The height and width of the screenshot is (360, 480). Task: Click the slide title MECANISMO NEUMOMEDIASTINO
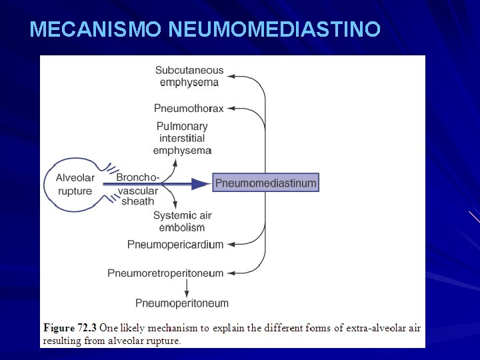click(205, 29)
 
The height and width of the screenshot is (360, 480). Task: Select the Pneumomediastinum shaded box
click(265, 183)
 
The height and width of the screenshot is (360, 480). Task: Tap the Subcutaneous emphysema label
click(189, 76)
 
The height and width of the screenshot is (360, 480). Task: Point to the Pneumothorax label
click(189, 108)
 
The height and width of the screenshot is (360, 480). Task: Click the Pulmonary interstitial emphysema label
click(182, 138)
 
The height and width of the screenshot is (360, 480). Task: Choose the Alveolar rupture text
click(75, 184)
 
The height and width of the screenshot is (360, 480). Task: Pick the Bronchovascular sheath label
click(138, 189)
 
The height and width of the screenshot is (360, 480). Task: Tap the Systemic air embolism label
click(183, 221)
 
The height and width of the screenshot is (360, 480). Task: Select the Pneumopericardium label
click(175, 245)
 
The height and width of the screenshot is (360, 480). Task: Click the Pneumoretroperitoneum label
click(165, 273)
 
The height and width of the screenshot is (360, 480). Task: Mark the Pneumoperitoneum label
click(182, 303)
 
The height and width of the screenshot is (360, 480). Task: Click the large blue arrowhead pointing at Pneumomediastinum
click(200, 183)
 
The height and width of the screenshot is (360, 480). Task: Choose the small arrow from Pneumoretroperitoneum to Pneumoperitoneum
click(186, 287)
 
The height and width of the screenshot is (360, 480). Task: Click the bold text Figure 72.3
click(70, 328)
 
